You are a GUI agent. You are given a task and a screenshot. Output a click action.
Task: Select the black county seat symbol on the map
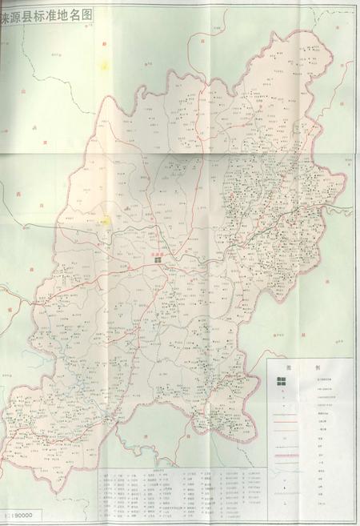(158, 259)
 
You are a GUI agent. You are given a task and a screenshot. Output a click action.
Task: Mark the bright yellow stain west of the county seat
(105, 219)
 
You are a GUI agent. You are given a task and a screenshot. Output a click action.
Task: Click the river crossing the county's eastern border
(341, 210)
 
